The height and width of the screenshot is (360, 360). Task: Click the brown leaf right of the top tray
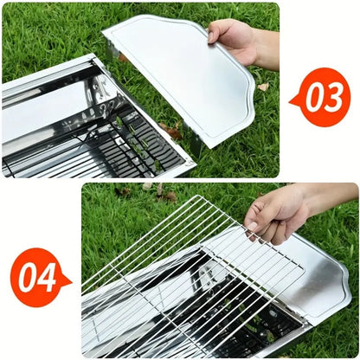pyautogui.click(x=262, y=87)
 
